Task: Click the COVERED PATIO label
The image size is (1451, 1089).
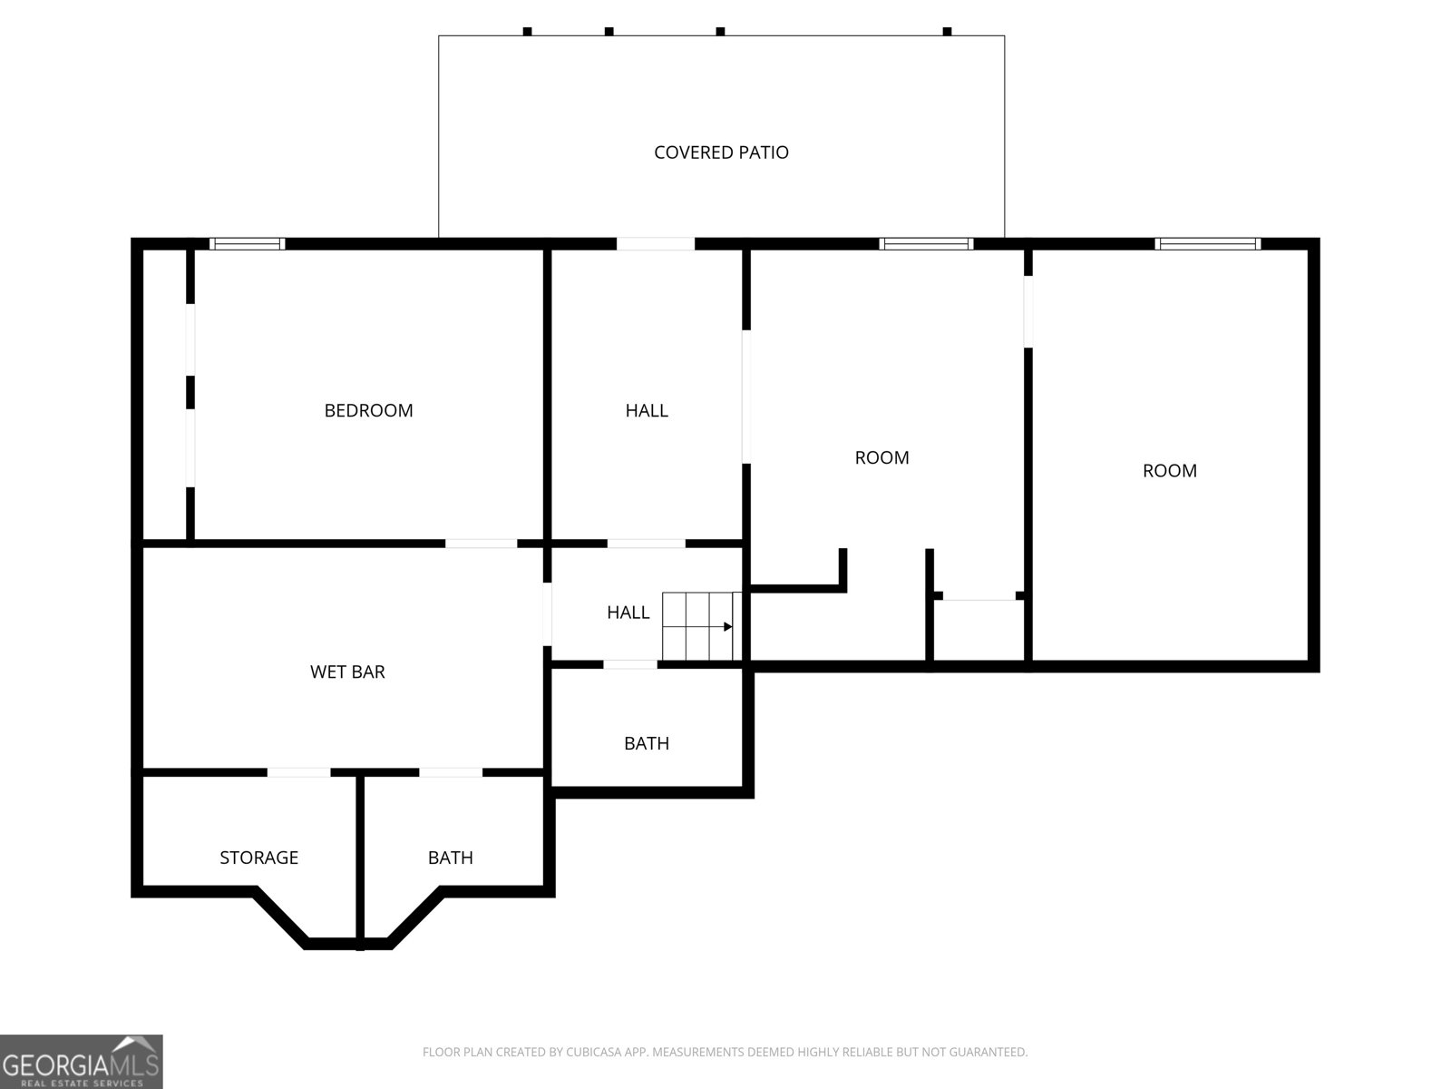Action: coord(721,152)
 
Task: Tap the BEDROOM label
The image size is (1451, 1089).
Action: coord(368,410)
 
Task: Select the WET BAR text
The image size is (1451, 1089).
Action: coord(347,672)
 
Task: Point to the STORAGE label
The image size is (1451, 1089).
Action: coord(258,858)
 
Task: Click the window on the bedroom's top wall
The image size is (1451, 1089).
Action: coord(248,244)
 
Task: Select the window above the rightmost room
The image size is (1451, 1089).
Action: coord(1207,244)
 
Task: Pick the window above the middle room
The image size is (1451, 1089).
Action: coord(926,244)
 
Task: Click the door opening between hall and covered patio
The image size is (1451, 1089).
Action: coord(655,244)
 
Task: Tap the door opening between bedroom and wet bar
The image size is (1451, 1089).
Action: coord(481,544)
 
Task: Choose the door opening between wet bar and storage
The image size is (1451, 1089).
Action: coord(298,772)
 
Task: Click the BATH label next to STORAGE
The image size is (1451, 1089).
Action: coord(450,858)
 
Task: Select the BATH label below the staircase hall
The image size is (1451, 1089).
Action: coord(647,744)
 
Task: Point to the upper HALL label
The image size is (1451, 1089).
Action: coord(647,410)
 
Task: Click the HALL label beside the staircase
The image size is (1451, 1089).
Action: coord(628,613)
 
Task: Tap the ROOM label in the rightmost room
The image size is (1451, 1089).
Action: coord(1169,471)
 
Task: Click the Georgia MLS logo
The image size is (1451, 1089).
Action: coord(82,1062)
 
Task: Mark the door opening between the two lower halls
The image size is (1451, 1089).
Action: coord(646,544)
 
